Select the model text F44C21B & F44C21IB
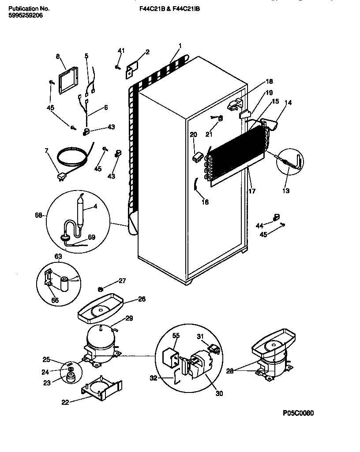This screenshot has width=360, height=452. click(166, 8)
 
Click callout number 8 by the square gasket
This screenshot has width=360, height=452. click(58, 56)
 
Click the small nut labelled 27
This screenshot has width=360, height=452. click(100, 289)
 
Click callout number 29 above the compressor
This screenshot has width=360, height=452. click(129, 318)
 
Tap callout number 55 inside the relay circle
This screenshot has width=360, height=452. click(176, 336)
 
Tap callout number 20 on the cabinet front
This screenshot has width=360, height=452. click(193, 134)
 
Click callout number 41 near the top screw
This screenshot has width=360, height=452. click(119, 52)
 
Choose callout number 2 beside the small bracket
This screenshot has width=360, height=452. click(147, 52)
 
